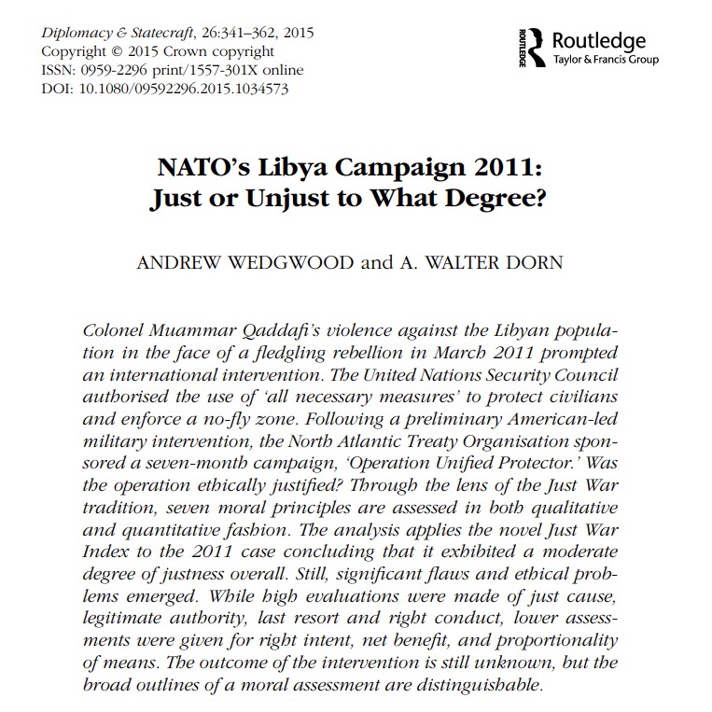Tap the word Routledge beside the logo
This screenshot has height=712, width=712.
(599, 41)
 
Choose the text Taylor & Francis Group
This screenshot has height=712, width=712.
(605, 61)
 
